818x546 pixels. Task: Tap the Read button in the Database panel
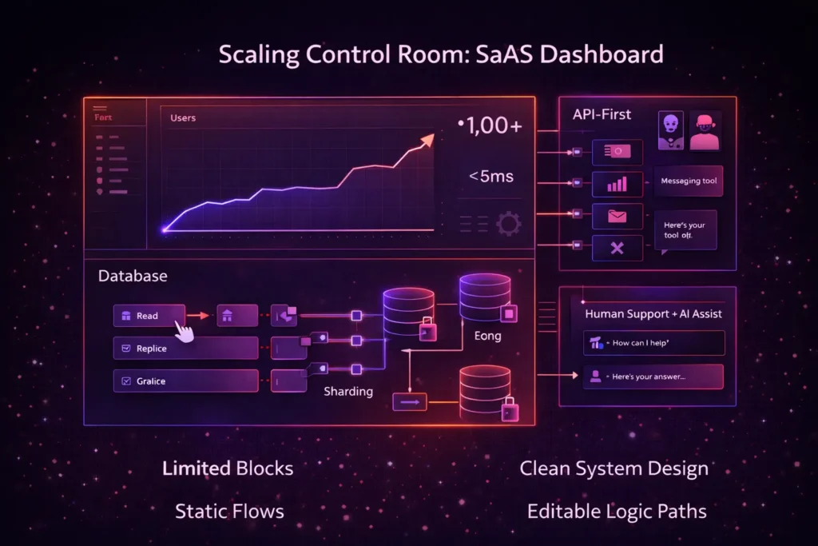(x=149, y=316)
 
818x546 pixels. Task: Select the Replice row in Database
(x=185, y=349)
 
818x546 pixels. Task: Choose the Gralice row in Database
(x=185, y=381)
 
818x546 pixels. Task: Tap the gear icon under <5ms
(x=508, y=223)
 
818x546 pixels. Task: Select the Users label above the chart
(x=183, y=118)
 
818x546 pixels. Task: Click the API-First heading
(x=602, y=114)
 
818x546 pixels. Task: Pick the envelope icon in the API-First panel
(x=617, y=216)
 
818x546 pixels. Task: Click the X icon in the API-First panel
(x=617, y=249)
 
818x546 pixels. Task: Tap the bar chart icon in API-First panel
(x=617, y=185)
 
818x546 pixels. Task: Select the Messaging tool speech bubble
(x=689, y=181)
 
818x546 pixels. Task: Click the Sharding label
(x=347, y=392)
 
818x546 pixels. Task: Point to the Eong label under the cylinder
(x=487, y=336)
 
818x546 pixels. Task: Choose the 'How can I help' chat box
(x=653, y=343)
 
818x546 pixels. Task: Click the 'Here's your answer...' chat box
(x=653, y=376)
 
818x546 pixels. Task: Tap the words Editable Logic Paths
(x=617, y=510)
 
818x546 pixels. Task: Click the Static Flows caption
(x=229, y=510)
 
